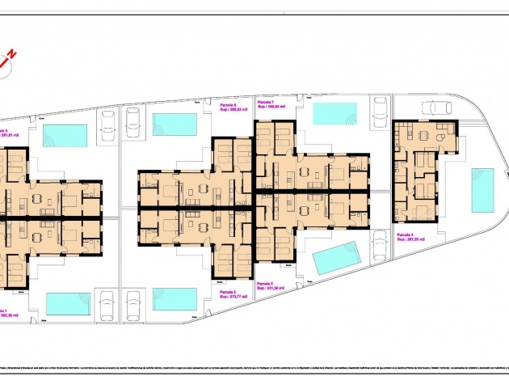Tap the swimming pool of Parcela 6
175,125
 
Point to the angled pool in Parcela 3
335,258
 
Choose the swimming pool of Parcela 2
175,299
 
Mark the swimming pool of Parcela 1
68,303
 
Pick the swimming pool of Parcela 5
65,135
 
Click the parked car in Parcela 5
107,123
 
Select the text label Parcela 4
407,234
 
